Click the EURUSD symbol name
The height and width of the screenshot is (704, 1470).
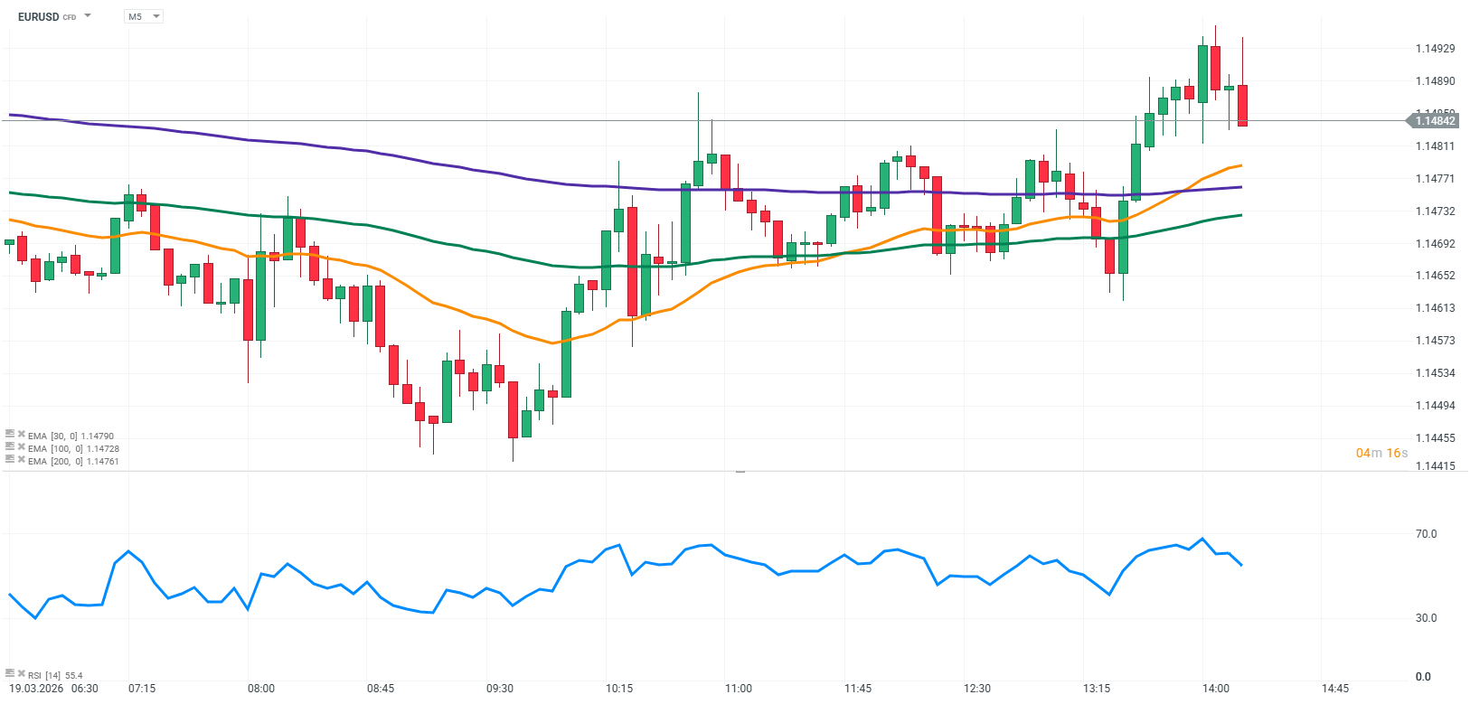tap(38, 16)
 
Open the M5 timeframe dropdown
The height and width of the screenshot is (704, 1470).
tap(143, 16)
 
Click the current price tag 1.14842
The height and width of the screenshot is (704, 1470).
tap(1435, 121)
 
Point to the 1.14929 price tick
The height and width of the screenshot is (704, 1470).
tap(1435, 49)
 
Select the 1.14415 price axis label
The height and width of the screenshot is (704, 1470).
tap(1435, 466)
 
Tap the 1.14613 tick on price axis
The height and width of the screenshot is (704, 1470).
tap(1435, 308)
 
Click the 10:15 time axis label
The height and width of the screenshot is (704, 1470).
tap(619, 689)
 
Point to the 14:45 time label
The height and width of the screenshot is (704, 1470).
tap(1335, 689)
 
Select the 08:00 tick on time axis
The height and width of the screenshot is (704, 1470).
tap(261, 689)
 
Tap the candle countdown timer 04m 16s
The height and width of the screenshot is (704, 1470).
tap(1381, 453)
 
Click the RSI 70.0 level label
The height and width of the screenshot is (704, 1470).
tap(1426, 534)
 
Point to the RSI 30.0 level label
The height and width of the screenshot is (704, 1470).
tap(1426, 618)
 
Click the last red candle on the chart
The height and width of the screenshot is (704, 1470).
tap(1243, 105)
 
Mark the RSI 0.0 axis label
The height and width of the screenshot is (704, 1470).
tap(1424, 677)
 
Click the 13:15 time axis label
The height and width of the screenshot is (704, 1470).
tap(1097, 689)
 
